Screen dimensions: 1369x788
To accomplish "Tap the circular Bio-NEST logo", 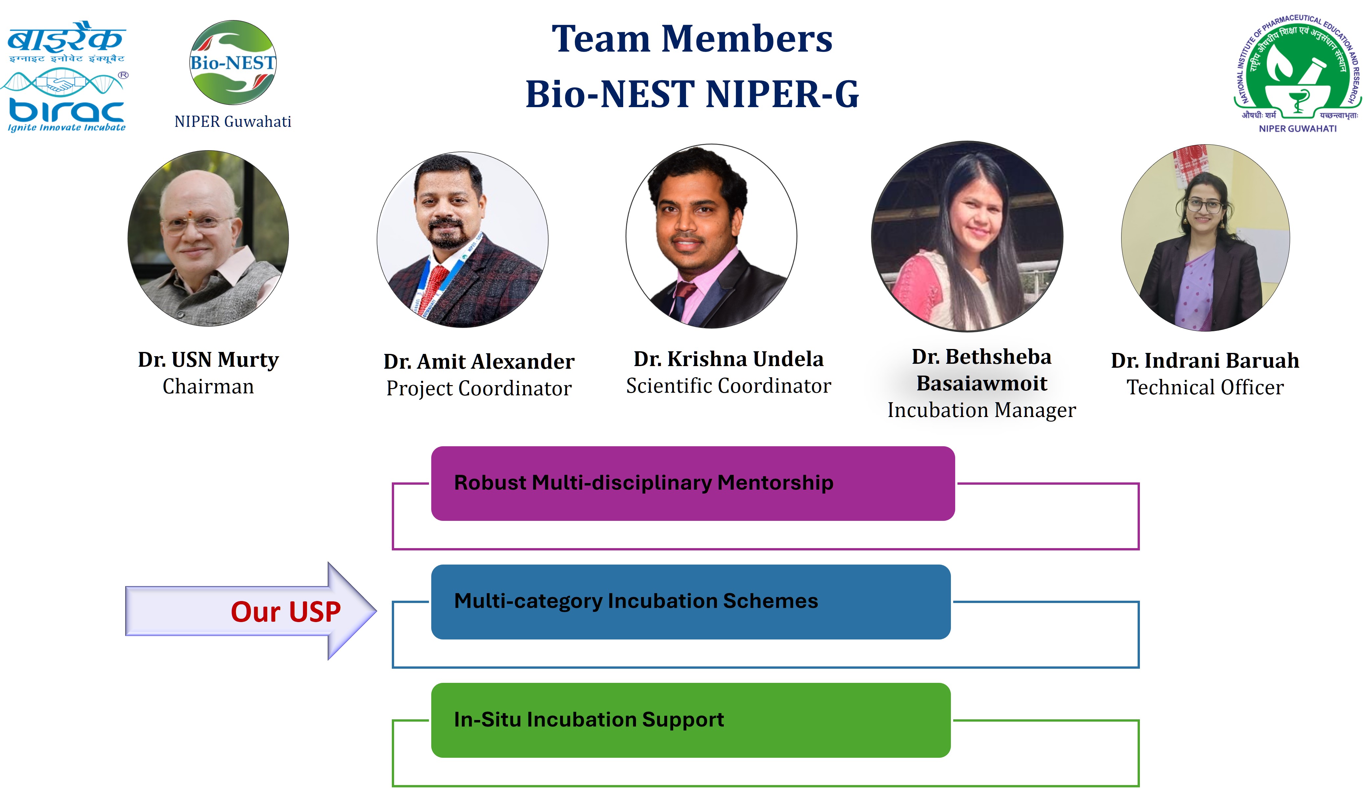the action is (x=233, y=63).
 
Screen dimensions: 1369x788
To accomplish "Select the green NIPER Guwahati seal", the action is (x=1298, y=73).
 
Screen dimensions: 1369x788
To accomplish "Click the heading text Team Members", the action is (x=692, y=39).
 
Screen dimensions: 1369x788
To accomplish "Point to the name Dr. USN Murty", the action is (x=208, y=360).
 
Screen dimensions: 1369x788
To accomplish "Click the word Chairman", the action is (x=208, y=386).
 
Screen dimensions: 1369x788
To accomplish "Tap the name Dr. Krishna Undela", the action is (x=729, y=359).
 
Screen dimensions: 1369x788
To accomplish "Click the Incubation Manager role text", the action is (x=981, y=410).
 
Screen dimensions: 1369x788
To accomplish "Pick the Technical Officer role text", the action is (x=1205, y=387).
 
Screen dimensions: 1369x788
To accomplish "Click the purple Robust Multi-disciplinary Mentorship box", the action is (x=693, y=483).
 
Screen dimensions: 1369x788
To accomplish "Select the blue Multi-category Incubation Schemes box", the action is (x=691, y=602).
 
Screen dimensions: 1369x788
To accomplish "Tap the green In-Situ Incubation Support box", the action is (x=691, y=720).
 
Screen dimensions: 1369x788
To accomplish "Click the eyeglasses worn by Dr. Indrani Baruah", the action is (x=1204, y=206).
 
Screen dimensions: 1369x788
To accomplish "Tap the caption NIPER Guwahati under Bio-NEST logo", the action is (x=233, y=122).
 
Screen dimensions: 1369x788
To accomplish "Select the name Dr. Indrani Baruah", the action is (x=1205, y=360).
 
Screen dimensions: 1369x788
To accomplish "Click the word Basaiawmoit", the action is (x=981, y=383).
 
